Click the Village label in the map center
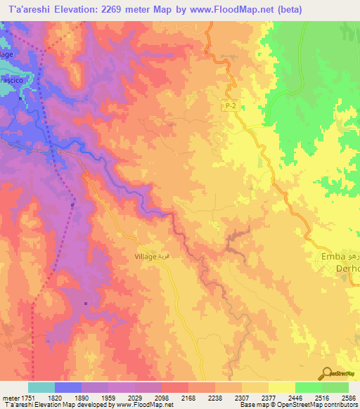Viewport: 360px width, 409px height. click(x=146, y=257)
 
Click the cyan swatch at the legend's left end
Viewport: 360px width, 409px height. click(x=41, y=387)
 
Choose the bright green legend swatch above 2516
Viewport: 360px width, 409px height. click(x=308, y=387)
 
